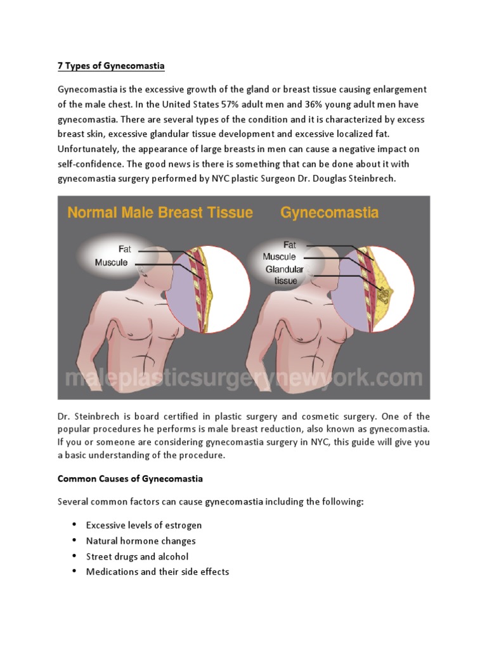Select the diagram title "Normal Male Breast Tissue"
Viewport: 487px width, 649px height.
pyautogui.click(x=160, y=212)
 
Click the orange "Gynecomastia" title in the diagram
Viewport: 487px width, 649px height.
pyautogui.click(x=329, y=212)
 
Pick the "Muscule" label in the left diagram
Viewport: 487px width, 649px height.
pyautogui.click(x=112, y=262)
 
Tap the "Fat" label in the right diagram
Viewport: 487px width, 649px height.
pyautogui.click(x=289, y=244)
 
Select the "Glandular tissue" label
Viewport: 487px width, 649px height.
pyautogui.click(x=285, y=274)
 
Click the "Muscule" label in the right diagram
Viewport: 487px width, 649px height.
pyautogui.click(x=279, y=257)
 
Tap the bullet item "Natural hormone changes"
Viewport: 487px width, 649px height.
pyautogui.click(x=141, y=541)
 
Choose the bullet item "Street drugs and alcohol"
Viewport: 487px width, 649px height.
pyautogui.click(x=137, y=556)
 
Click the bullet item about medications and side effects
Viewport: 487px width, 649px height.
pyautogui.click(x=157, y=572)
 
